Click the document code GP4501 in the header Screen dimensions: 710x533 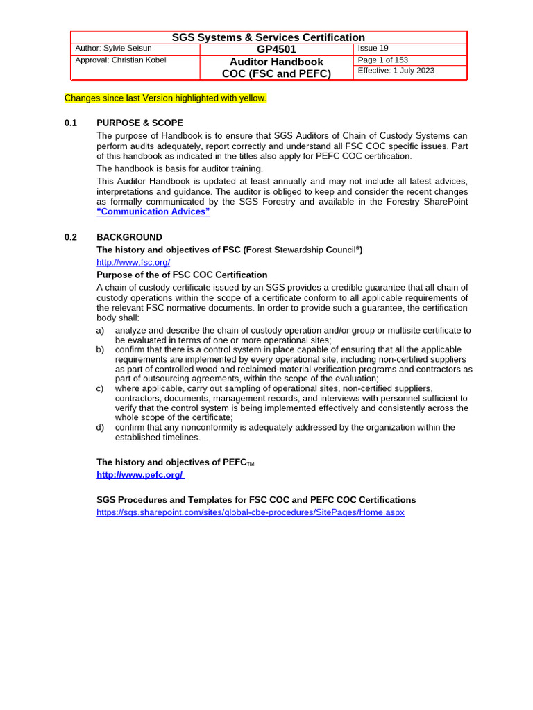(276, 49)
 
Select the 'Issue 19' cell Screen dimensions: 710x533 (373, 49)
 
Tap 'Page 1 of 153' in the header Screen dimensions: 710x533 (382, 60)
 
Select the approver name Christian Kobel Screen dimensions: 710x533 (120, 60)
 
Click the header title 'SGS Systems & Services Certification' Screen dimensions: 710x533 (268, 37)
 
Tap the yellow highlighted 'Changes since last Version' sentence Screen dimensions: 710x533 (165, 98)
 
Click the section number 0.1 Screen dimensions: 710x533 (71, 123)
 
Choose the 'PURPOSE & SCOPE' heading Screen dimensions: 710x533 (139, 123)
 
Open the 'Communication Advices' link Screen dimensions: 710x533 (153, 211)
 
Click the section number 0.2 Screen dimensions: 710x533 (71, 237)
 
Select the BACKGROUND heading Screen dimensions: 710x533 (129, 237)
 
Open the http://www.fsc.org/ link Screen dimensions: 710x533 (133, 263)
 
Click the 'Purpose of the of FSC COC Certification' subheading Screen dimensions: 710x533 (182, 275)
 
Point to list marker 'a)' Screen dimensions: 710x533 (101, 331)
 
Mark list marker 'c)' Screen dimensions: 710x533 (101, 389)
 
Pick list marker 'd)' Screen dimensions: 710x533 (101, 428)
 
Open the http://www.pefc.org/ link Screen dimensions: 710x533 (140, 475)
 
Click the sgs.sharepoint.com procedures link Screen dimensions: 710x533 (250, 512)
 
